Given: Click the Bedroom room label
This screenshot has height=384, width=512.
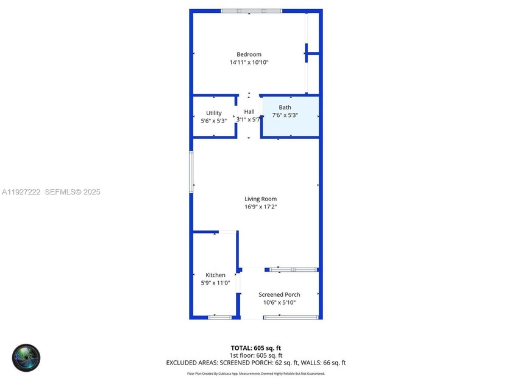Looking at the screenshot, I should point(249,54).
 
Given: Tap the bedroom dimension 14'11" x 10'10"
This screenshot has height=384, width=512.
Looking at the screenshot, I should point(249,63).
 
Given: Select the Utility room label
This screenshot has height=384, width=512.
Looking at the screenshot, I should point(213,113).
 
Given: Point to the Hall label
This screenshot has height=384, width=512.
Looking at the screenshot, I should point(249,112).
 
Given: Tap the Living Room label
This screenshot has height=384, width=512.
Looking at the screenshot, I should point(260,199).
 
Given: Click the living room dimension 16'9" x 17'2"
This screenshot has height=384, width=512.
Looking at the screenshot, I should point(260,207).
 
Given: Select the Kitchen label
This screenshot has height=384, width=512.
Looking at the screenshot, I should point(215,275).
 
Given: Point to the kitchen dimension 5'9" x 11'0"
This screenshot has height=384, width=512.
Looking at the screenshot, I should point(215,283).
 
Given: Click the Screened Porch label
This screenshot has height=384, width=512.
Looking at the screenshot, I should point(279,294).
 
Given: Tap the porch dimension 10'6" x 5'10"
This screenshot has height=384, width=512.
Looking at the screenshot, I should point(279,302).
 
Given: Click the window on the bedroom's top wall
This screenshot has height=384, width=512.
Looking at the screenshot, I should point(251,11).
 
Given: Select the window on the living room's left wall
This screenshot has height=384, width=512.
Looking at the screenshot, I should point(191,172).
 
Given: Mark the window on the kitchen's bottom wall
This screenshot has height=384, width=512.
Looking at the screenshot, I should point(219,317).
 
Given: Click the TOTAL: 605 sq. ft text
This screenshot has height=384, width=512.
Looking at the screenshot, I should point(255,348).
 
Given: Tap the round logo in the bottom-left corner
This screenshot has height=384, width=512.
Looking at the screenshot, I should point(26,358).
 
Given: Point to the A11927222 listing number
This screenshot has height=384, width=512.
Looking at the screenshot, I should point(21,192).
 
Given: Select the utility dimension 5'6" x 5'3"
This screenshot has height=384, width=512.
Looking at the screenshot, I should point(213,121).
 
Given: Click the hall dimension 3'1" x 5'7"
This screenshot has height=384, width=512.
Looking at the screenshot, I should point(249,119).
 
